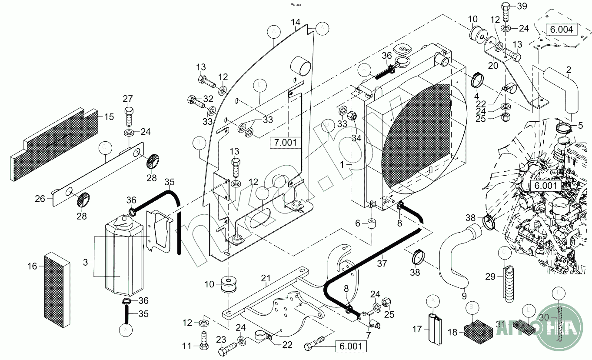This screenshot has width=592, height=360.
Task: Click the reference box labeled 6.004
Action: point(562,30)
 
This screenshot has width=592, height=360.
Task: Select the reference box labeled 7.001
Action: point(285,142)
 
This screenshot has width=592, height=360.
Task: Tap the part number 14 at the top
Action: point(296,22)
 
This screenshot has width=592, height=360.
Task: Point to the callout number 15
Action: point(109,117)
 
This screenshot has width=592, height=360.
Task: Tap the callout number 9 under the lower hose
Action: point(464,296)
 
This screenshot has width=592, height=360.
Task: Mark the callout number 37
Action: point(382,263)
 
